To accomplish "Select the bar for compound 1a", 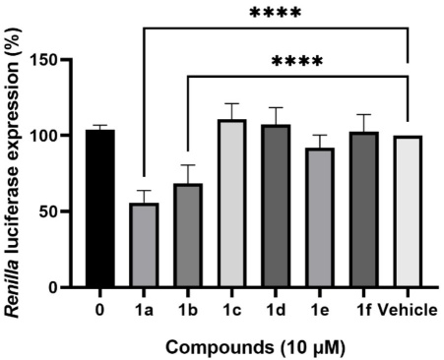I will (x=145, y=245).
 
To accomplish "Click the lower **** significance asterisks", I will (x=297, y=62).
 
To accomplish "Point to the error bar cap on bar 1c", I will (x=231, y=103).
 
